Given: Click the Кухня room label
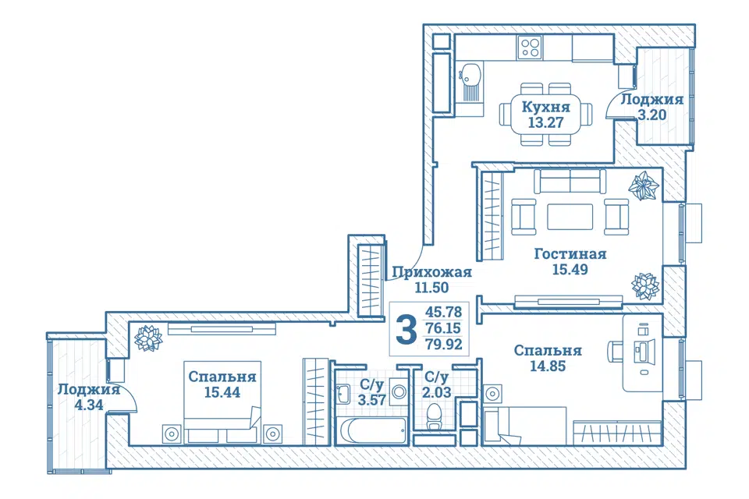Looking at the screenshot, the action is tap(545, 107).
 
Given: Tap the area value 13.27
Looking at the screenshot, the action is tap(545, 122).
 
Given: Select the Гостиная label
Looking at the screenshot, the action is tap(570, 253).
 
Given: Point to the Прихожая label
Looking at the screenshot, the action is tap(431, 272).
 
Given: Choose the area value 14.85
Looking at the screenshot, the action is tap(548, 366).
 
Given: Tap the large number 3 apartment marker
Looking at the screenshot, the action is tap(406, 330).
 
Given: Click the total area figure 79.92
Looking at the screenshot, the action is tap(444, 344).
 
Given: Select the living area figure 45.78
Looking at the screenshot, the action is tap(444, 313).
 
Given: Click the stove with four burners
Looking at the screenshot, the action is tap(531, 48).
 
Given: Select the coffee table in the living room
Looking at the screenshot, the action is tap(570, 218).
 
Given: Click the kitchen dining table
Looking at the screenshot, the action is tap(546, 115).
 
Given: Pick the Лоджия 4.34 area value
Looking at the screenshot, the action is tap(89, 405).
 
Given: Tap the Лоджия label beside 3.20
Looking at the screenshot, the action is tap(651, 99).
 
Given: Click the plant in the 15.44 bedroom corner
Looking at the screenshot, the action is tap(148, 338).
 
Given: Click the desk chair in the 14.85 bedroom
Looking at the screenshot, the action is tap(616, 351).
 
